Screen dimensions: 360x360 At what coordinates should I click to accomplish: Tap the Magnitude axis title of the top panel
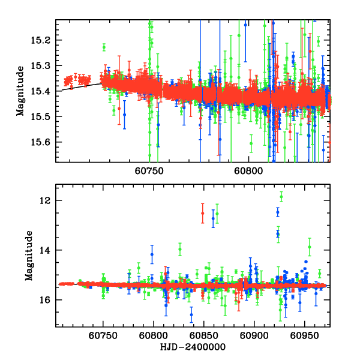[x=20, y=91]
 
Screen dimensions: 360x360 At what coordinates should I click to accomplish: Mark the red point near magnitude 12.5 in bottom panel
[x=203, y=213]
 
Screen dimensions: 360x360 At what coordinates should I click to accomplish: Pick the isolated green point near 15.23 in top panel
[x=104, y=47]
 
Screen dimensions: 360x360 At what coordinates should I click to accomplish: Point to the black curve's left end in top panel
[x=56, y=91]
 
